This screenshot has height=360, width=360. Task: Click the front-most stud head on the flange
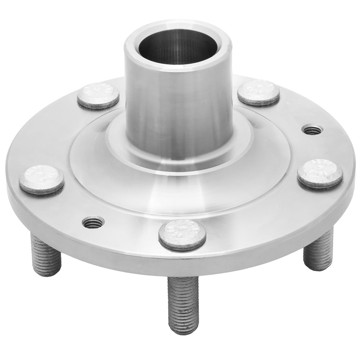(183, 235)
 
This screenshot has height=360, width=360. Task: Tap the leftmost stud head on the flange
(41, 179)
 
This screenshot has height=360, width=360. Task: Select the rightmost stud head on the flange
(320, 173)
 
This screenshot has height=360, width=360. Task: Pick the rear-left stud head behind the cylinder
(98, 95)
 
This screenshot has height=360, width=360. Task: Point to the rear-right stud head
(258, 92)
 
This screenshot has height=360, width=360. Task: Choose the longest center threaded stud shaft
(183, 302)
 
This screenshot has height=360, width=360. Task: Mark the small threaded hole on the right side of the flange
(312, 129)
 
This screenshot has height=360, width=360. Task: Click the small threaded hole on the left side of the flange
(93, 222)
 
